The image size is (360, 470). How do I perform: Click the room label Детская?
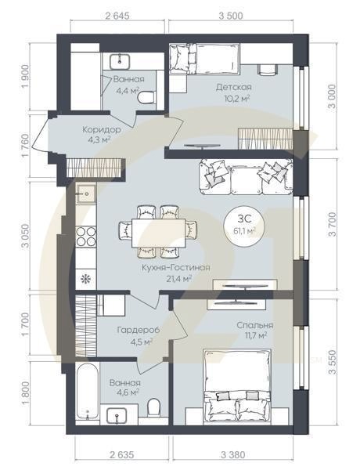(234, 87)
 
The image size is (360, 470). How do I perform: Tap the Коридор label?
(102, 130)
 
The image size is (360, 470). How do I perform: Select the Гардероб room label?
(138, 330)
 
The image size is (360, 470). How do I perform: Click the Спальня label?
(255, 326)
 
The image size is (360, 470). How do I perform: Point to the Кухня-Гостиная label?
(176, 268)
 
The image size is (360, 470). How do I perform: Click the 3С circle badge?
(244, 225)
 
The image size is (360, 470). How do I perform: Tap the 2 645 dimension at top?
(117, 16)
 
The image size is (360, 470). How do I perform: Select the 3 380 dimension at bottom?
(232, 455)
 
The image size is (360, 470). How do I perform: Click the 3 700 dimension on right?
(333, 224)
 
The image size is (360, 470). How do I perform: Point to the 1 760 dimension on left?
(26, 145)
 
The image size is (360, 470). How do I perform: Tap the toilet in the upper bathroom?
(146, 98)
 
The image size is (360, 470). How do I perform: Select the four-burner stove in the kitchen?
(86, 237)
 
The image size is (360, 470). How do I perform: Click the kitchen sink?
(86, 194)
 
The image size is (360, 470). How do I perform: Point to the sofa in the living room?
(246, 177)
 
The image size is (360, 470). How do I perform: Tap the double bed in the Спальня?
(237, 387)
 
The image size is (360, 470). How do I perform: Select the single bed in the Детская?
(204, 59)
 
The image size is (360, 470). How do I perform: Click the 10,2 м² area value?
(237, 98)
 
